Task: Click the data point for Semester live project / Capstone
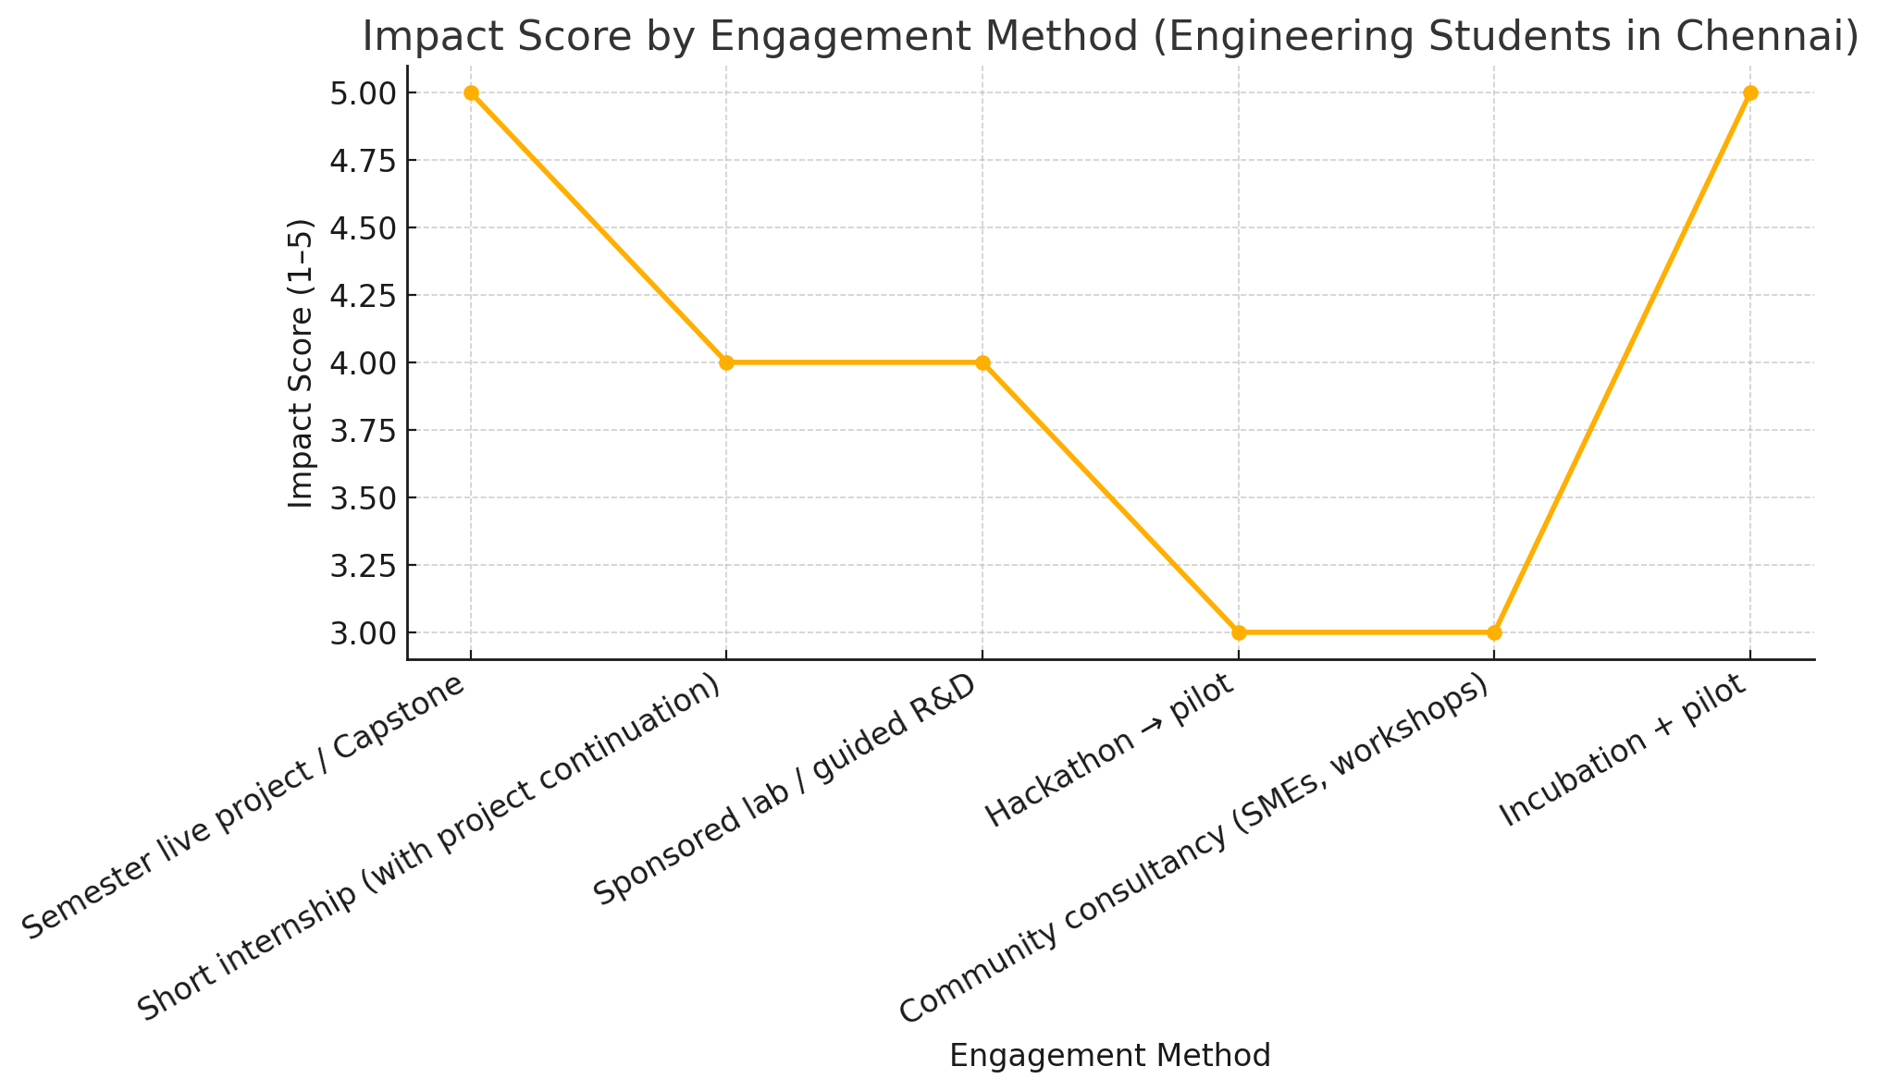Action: (471, 92)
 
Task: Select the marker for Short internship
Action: (726, 362)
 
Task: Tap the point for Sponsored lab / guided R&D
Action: (982, 362)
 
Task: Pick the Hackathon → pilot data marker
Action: (1239, 632)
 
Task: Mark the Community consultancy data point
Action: (1494, 632)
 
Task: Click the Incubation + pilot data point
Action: (1750, 92)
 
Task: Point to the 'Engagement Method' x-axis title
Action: (1110, 1056)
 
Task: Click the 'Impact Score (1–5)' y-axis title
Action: (301, 362)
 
